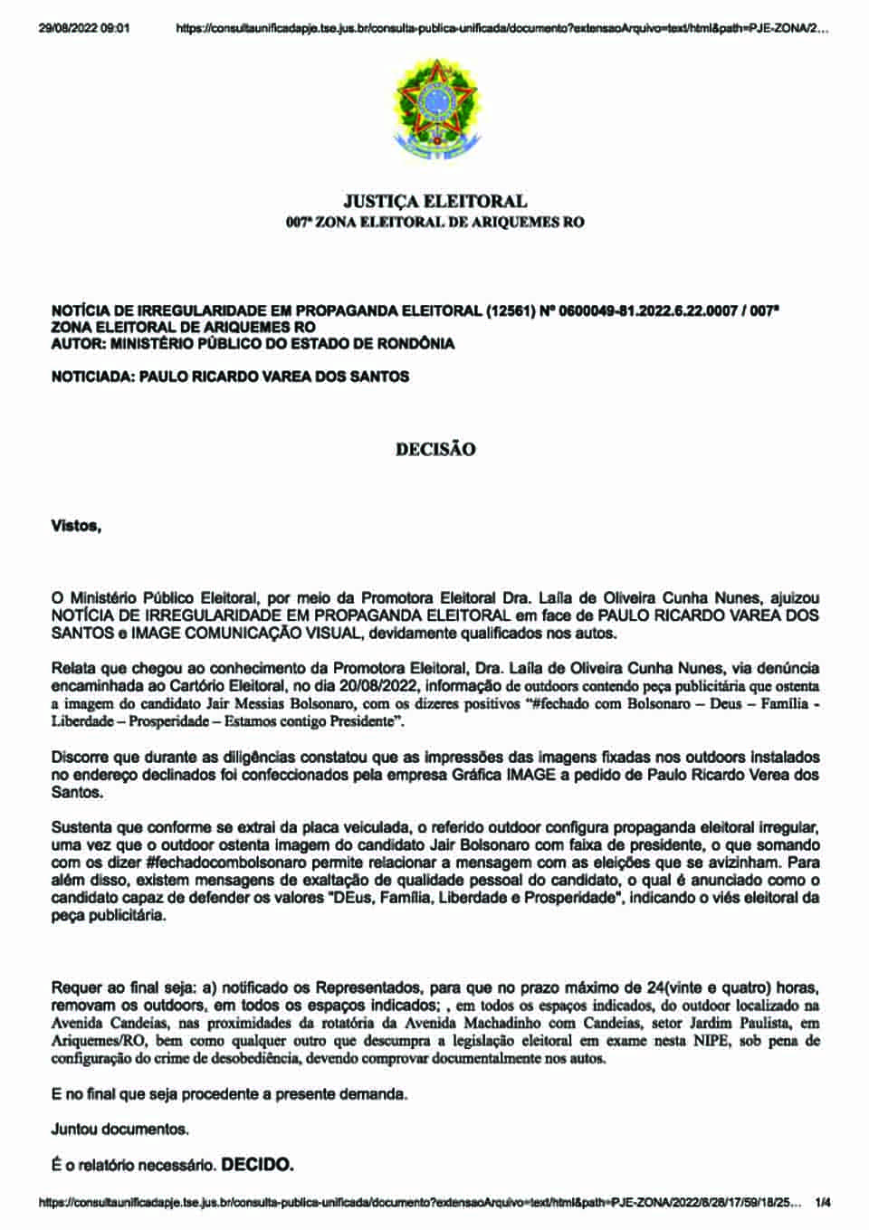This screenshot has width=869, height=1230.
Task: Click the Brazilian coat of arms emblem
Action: (x=434, y=107)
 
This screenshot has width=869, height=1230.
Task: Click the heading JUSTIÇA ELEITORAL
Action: (x=434, y=201)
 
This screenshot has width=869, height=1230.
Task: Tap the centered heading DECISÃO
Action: (x=434, y=449)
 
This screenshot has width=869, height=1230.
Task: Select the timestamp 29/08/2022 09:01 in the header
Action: (x=84, y=28)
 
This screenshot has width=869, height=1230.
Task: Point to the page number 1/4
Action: (x=823, y=1203)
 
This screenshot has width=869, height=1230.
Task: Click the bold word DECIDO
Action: (x=258, y=1164)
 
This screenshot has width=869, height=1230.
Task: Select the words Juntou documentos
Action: (x=120, y=1130)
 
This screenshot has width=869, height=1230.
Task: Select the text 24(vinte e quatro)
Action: (x=701, y=987)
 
